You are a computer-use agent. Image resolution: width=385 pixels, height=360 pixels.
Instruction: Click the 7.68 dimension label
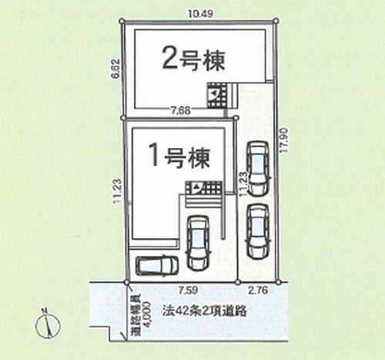(180, 110)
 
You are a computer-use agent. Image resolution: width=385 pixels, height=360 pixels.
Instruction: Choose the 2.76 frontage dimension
(258, 292)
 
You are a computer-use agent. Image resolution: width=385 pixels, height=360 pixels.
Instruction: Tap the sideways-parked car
(157, 265)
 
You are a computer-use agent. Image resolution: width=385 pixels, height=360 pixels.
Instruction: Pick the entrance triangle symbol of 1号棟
(196, 187)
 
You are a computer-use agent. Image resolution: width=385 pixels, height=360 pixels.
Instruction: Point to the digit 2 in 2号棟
(168, 58)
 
